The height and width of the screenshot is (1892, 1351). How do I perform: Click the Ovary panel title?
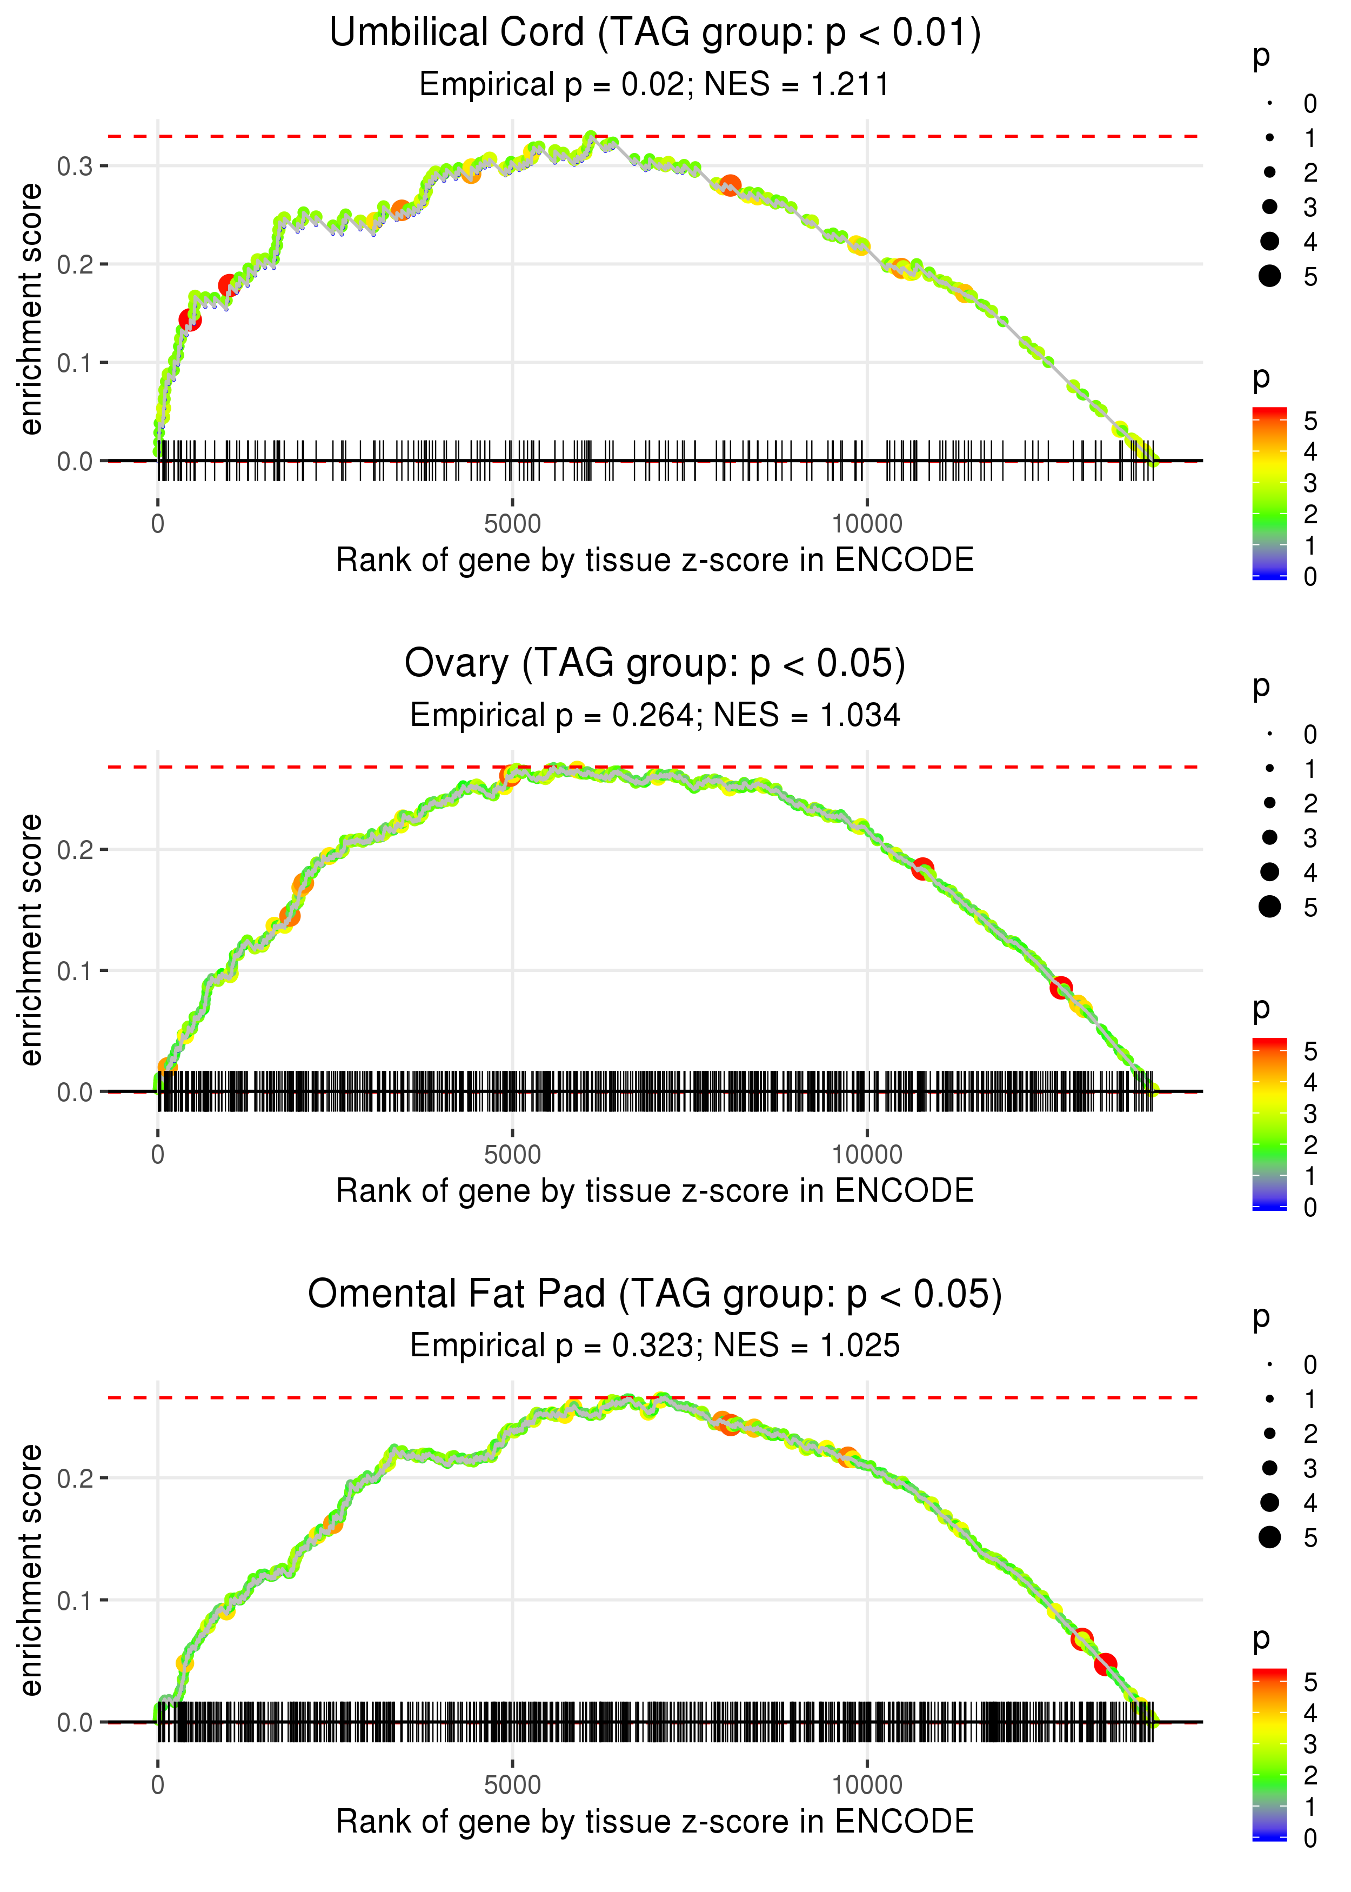pos(655,664)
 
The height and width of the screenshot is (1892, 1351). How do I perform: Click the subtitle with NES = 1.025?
pos(655,1346)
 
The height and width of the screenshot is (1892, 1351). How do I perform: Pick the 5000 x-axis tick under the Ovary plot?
pos(512,1155)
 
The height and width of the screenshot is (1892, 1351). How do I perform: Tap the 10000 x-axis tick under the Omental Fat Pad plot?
pos(867,1786)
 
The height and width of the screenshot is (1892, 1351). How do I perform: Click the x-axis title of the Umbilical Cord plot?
pos(655,560)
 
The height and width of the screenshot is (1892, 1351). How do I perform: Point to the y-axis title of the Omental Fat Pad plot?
pos(31,1571)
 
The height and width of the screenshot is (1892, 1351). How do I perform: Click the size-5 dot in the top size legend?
pos(1269,276)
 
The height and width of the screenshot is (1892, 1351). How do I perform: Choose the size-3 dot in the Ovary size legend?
pos(1269,837)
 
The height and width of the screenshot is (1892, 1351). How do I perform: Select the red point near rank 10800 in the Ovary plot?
pos(922,869)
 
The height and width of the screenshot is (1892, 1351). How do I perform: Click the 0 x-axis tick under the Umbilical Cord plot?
pos(158,524)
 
